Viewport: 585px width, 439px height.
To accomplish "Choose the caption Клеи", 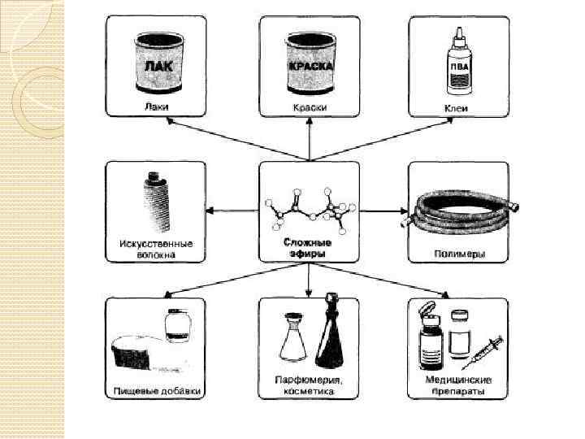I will (458, 108).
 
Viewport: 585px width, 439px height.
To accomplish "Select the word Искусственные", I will (155, 243).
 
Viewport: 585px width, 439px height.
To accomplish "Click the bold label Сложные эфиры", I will (308, 248).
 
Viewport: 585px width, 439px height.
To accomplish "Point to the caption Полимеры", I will (458, 254).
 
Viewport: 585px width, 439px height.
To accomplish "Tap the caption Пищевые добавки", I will (155, 390).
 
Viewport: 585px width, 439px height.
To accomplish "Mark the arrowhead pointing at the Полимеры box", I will (403, 211).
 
